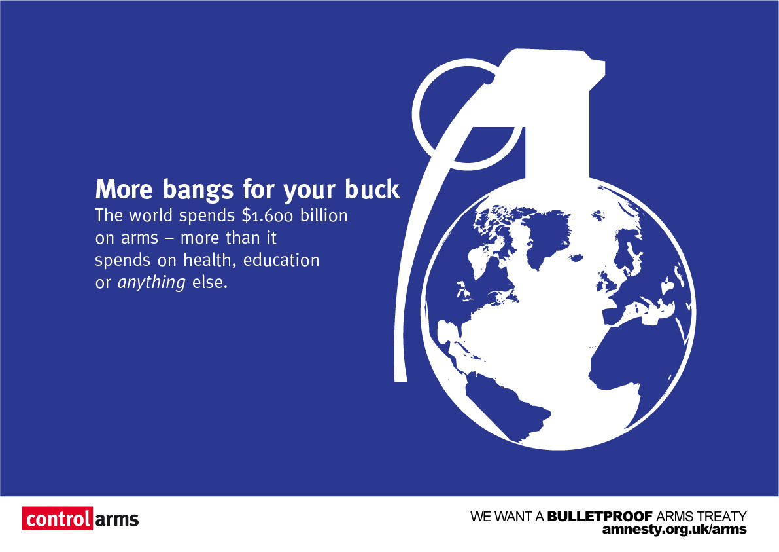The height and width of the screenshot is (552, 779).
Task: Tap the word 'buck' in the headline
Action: click(372, 189)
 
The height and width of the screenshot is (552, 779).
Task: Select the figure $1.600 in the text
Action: click(268, 216)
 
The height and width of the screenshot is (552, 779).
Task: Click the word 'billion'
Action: click(323, 215)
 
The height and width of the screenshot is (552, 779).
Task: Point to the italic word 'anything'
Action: click(152, 283)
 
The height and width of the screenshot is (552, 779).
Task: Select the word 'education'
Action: click(281, 259)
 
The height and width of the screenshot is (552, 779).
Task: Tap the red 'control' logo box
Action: click(57, 519)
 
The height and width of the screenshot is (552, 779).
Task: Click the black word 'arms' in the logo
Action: click(116, 520)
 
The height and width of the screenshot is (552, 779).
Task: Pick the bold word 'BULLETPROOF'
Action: click(600, 517)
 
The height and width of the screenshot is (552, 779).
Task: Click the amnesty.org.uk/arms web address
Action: click(674, 530)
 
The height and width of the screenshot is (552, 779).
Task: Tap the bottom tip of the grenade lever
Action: click(400, 381)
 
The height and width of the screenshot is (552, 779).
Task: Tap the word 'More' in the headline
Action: click(124, 189)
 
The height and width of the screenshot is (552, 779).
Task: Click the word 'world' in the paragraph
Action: click(150, 215)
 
